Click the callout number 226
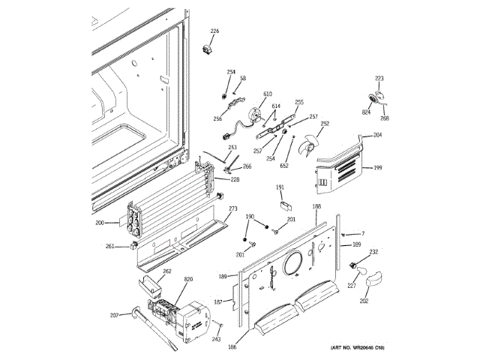214,31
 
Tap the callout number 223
379,79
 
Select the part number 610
267,94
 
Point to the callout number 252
325,124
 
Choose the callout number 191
280,187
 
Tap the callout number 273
233,208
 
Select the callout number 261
110,246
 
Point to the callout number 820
188,279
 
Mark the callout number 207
114,314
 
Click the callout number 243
216,338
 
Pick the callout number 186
232,347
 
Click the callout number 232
373,252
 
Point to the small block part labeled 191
284,200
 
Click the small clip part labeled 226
209,49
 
